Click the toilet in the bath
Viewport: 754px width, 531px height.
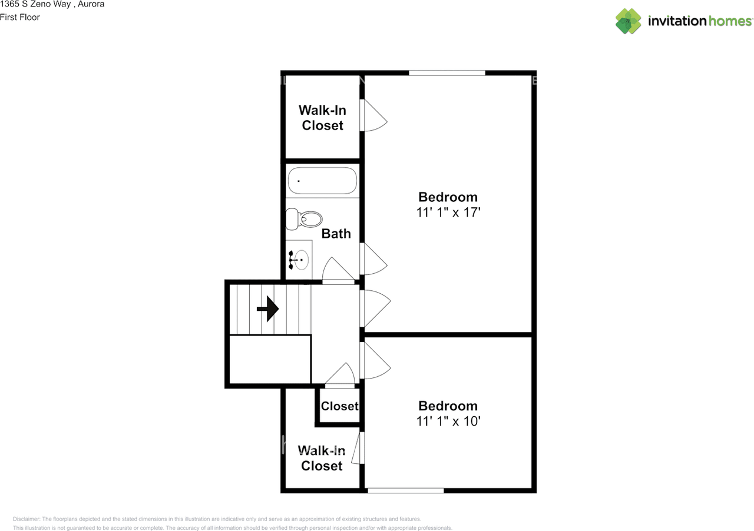point(303,219)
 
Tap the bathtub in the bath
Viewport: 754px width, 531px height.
point(322,181)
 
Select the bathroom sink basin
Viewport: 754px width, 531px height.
point(302,259)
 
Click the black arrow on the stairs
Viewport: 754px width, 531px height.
point(268,308)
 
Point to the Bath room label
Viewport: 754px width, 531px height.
point(336,234)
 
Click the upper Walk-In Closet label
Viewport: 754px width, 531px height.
point(322,118)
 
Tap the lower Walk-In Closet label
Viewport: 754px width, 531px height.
point(322,458)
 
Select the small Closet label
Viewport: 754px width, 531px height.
point(339,406)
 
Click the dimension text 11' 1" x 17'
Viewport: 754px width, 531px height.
point(448,213)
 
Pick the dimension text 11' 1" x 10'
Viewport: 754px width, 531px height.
point(448,422)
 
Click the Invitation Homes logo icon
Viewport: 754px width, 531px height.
point(628,21)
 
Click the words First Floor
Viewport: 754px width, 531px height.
point(20,17)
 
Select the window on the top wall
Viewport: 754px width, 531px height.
point(447,72)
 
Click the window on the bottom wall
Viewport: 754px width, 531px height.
point(405,490)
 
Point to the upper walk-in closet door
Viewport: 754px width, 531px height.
point(373,116)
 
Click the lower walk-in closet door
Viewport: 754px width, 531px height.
point(357,447)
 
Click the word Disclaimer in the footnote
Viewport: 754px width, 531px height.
point(26,519)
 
